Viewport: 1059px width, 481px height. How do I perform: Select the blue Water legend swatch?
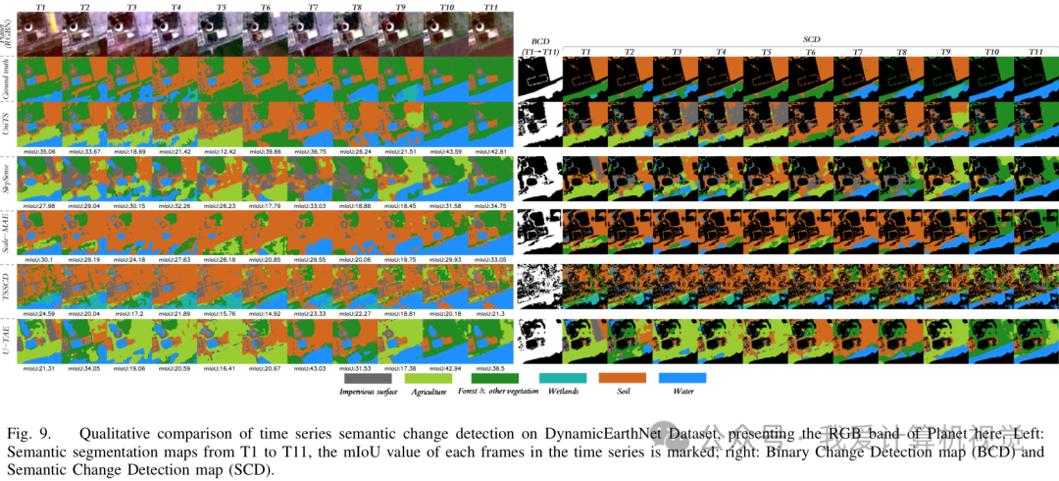pos(681,377)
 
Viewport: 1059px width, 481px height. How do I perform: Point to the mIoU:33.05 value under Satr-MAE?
pos(489,260)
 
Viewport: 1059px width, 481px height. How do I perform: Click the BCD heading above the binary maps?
pos(539,42)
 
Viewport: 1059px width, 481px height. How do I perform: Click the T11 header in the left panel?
pos(489,7)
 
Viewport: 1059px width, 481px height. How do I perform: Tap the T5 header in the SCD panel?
pos(764,51)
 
